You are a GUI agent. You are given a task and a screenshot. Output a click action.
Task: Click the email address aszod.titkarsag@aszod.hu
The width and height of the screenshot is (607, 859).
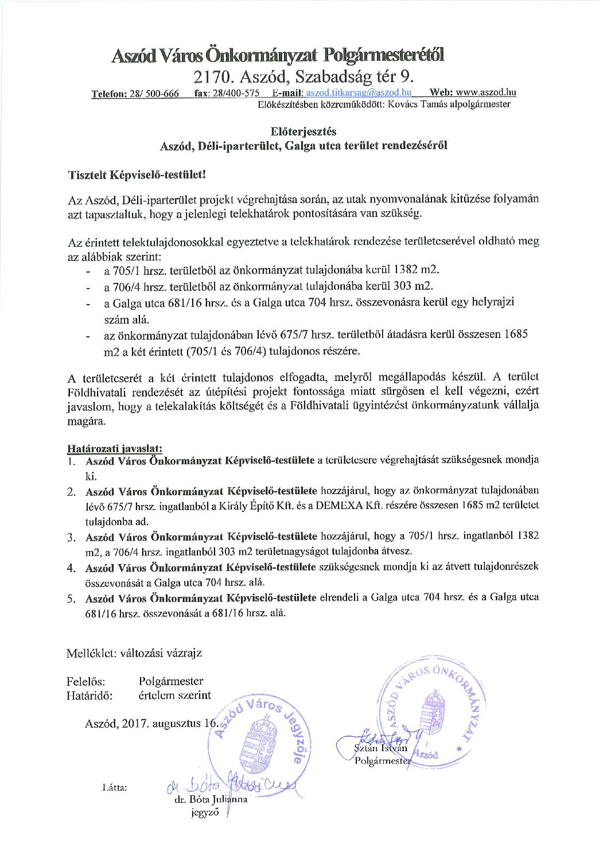coord(359,93)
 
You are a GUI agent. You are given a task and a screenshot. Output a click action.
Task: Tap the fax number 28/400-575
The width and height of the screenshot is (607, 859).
coord(235,93)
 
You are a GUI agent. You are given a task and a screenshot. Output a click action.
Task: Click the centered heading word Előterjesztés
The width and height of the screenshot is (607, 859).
coord(303,132)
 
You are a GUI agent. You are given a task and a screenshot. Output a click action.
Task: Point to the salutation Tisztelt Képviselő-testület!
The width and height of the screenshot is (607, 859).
coord(137,174)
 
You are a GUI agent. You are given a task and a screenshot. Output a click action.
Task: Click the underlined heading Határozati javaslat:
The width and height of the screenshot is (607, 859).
coord(115,448)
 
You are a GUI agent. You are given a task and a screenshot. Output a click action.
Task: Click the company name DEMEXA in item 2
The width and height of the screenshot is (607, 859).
coord(336,506)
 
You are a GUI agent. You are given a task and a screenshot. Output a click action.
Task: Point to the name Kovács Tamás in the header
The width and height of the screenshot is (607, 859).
coord(418,104)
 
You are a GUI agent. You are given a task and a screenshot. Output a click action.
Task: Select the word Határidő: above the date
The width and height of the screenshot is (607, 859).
coord(90,695)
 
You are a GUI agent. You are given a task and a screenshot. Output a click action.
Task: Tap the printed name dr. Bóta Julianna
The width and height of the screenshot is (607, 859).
coord(211,799)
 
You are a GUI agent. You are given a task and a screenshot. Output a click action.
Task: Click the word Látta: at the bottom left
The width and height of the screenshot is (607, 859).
coord(115,787)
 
